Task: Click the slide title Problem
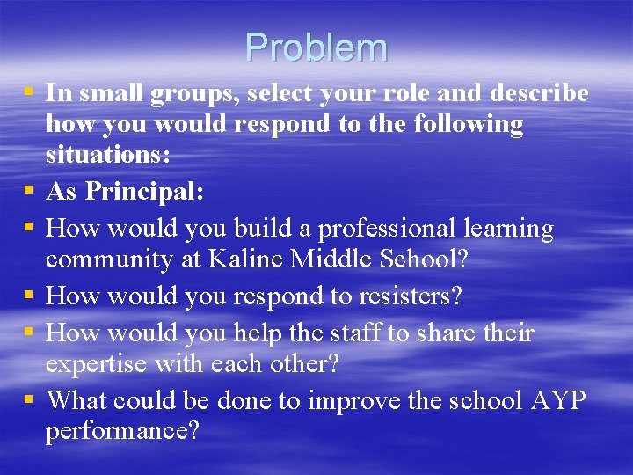[x=316, y=47]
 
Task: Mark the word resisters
[x=409, y=296]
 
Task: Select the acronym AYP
[x=560, y=399]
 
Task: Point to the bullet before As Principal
[x=30, y=190]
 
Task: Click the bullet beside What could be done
[x=30, y=400]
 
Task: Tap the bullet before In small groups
[x=30, y=92]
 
